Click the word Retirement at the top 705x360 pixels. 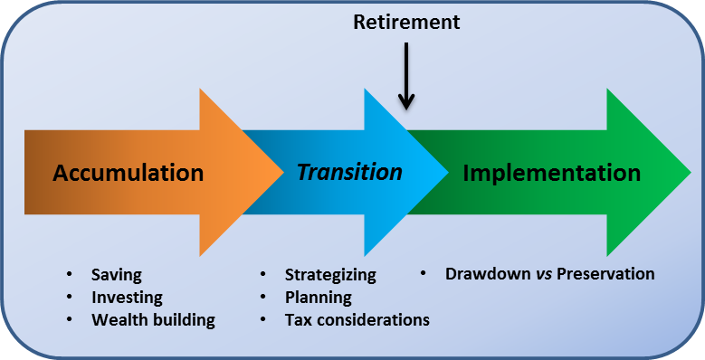406,21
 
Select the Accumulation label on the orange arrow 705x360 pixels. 128,173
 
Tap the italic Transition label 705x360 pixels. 350,172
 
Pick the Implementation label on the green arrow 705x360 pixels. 552,173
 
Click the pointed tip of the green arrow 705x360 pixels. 691,172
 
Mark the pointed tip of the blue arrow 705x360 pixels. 447,172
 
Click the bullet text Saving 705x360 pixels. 117,274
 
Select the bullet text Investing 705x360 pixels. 127,297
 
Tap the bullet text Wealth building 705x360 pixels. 153,319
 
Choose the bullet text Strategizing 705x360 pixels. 330,274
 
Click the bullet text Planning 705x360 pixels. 318,297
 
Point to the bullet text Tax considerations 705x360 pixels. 357,319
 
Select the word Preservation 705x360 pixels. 605,273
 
